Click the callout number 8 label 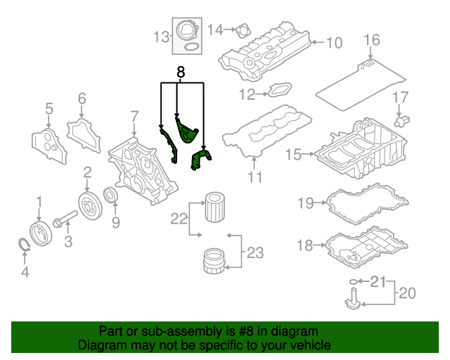181,72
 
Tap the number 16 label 372,40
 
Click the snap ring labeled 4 25,245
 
